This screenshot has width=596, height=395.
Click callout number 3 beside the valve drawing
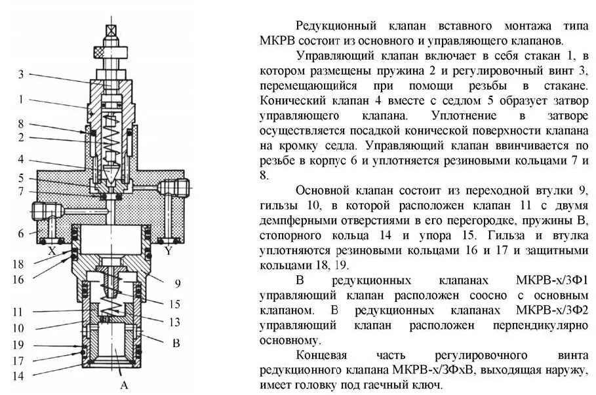pyautogui.click(x=21, y=75)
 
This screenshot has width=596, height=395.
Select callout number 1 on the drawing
pyautogui.click(x=21, y=100)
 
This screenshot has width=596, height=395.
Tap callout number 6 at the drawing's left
pyautogui.click(x=21, y=233)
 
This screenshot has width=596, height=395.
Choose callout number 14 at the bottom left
pyautogui.click(x=18, y=375)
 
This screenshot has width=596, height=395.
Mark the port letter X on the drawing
pyautogui.click(x=51, y=250)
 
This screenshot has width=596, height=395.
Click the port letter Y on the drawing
pyautogui.click(x=169, y=250)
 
